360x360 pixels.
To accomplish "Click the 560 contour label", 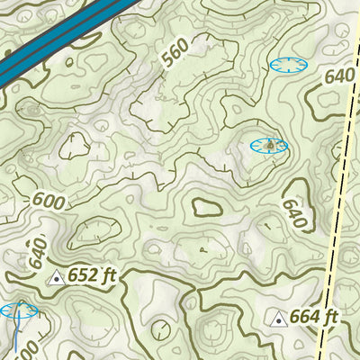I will coord(176,53).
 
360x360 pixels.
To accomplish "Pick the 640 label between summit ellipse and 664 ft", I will coord(294,213).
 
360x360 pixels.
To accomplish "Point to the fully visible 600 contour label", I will coord(49,201).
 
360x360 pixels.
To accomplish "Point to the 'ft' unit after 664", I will coord(330,317).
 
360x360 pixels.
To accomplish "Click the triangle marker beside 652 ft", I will coord(56,278).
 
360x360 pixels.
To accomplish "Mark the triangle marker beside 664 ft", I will coord(278,319).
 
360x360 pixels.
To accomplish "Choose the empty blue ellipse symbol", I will coord(287,65).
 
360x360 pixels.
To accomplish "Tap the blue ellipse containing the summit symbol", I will coord(268,145).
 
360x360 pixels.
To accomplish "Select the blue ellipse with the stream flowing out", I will coord(18,311).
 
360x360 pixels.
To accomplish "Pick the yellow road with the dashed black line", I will coord(334,225).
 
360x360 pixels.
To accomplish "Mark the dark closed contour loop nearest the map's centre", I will coord(206,206).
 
